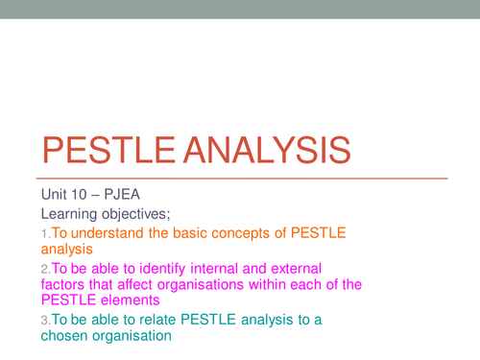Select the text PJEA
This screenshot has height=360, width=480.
124,192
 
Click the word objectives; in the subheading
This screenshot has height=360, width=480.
143,211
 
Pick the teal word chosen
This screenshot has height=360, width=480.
64,336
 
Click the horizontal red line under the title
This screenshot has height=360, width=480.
240,179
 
